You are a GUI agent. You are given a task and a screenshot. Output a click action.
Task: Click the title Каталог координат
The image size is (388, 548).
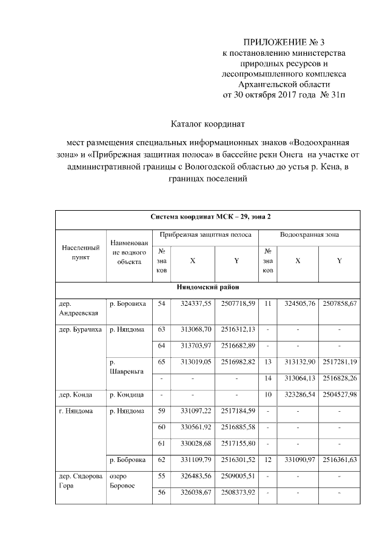[x=207, y=125]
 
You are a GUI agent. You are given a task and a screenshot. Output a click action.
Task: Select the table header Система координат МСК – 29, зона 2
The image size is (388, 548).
[x=207, y=216]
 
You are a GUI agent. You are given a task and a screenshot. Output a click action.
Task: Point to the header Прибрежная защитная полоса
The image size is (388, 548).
[x=202, y=234]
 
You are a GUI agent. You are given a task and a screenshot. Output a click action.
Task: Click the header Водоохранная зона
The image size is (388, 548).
[x=309, y=234]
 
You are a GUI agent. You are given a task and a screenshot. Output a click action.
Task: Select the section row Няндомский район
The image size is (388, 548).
[x=207, y=288]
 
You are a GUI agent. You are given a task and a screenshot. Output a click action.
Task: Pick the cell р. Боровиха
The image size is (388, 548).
[x=127, y=303]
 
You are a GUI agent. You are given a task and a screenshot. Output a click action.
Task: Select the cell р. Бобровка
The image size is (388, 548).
[x=127, y=460]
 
